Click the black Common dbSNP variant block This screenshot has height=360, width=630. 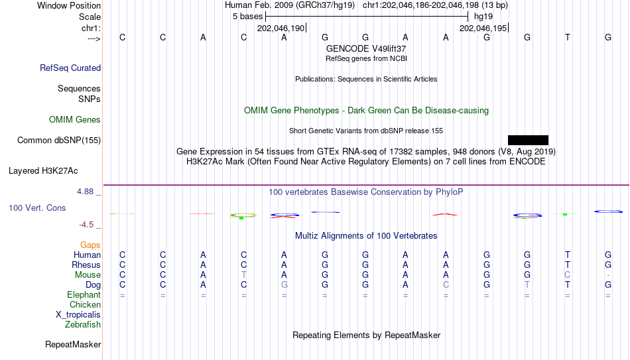point(528,140)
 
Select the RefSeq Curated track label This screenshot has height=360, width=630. point(70,68)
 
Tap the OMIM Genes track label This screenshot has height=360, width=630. point(75,120)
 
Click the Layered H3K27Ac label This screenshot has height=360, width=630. point(43,171)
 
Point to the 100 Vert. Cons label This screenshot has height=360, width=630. point(37,208)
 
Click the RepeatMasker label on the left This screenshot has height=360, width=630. point(73,344)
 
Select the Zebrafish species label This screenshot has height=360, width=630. point(83,324)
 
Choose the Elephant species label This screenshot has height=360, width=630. point(84,294)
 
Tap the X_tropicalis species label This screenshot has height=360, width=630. point(78,315)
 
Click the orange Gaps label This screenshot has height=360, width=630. point(90,245)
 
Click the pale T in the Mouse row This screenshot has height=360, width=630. point(243,275)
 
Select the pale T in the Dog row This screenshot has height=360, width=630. point(527,285)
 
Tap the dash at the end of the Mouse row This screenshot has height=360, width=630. point(608,275)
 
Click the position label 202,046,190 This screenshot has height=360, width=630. point(281,28)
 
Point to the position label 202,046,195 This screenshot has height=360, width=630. point(483,28)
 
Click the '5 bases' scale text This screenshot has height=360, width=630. point(247,17)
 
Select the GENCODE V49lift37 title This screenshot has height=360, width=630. point(366,48)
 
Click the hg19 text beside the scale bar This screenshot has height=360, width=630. point(483,17)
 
